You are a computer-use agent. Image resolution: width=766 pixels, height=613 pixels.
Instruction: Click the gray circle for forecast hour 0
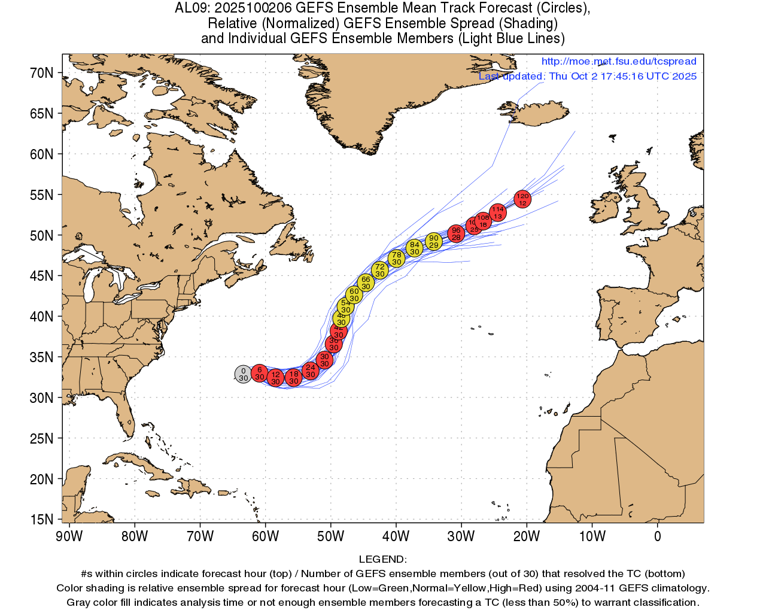(243, 374)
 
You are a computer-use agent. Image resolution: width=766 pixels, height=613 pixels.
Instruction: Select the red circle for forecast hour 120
(522, 199)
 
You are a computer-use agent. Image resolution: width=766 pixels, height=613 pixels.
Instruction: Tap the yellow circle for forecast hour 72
(380, 270)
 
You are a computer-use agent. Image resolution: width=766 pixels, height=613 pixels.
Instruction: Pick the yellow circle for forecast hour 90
(434, 241)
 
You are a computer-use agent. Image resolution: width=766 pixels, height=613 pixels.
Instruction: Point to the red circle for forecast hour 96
(456, 233)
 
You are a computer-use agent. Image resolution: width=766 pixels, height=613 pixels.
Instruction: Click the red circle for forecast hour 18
(293, 377)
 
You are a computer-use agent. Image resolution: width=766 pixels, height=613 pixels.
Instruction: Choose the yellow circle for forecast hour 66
(366, 283)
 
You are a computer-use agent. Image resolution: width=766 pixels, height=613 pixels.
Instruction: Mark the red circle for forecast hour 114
(498, 213)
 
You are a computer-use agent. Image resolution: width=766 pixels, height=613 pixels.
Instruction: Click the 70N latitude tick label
(42, 73)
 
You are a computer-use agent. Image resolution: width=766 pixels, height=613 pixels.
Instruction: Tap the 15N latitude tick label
(42, 520)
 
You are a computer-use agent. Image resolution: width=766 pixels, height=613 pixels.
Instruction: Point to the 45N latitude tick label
(42, 276)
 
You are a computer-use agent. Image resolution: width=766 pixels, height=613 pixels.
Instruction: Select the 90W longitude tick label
(69, 536)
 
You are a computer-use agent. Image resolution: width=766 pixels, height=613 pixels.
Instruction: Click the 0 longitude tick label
(658, 536)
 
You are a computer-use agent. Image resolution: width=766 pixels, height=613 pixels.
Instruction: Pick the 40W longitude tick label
(396, 536)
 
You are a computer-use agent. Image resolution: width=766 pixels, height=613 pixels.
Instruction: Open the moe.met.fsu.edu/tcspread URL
(619, 61)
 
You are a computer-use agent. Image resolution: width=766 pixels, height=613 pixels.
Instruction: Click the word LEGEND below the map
(382, 559)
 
